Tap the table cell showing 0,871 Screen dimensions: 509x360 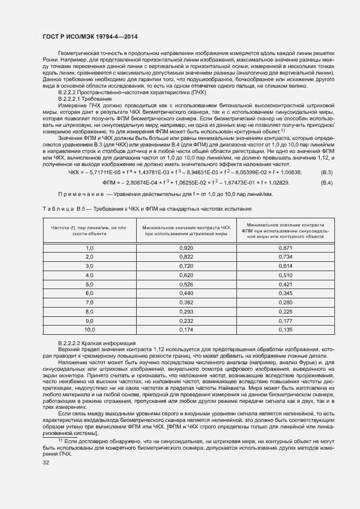[285, 248]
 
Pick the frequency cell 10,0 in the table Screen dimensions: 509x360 [89, 329]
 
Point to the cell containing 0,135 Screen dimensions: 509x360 [285, 329]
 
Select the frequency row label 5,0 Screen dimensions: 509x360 [89, 284]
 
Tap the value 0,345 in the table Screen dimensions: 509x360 [285, 293]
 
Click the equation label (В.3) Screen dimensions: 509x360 [327, 172]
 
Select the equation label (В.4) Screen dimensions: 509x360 [327, 182]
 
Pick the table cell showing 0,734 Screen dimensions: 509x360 [285, 256]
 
